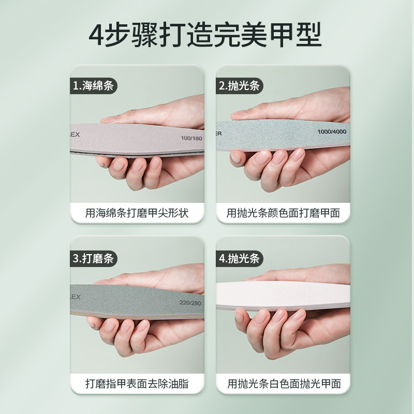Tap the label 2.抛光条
click(x=239, y=86)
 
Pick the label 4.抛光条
click(x=239, y=257)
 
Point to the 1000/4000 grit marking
click(x=332, y=131)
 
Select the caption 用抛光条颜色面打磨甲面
click(x=283, y=213)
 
